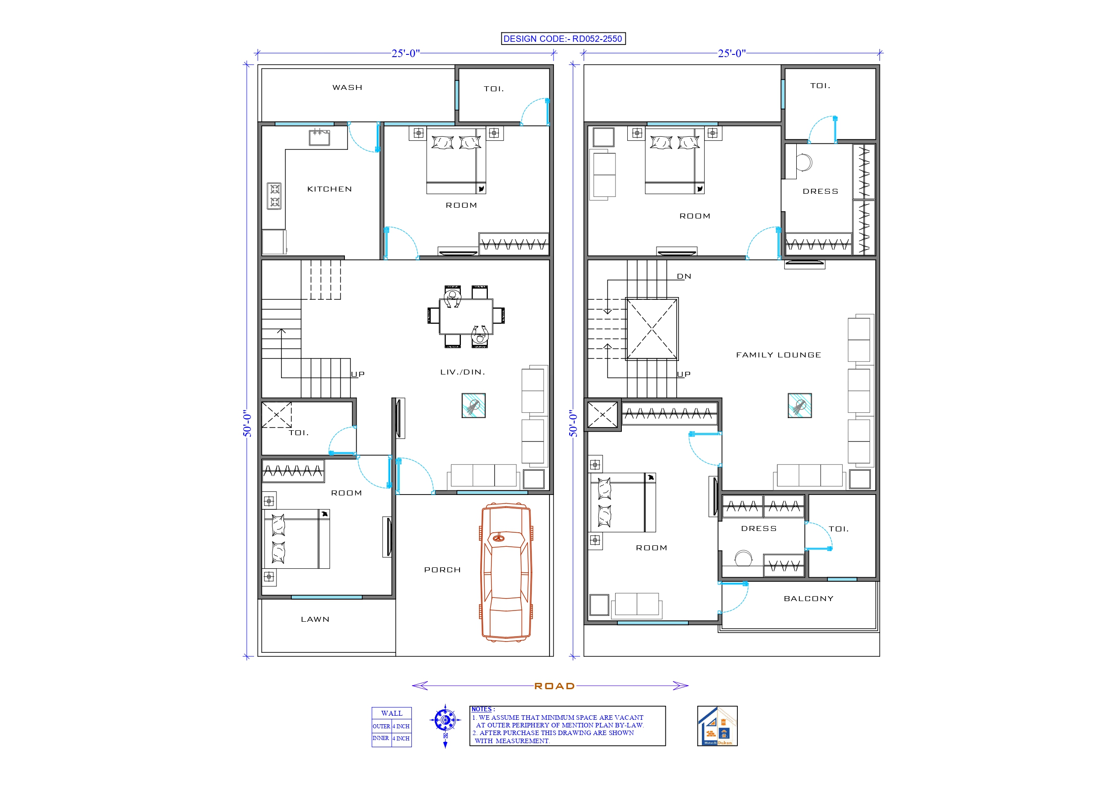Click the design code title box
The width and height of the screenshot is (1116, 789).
click(563, 39)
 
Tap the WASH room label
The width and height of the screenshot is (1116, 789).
click(347, 88)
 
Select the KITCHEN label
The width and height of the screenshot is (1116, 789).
click(329, 189)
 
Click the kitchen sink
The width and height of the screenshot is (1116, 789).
click(319, 138)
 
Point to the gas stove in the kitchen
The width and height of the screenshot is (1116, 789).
click(274, 196)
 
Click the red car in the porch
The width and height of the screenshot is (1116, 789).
click(506, 572)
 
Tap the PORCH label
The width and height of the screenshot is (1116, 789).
click(442, 570)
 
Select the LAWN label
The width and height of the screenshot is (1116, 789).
click(315, 620)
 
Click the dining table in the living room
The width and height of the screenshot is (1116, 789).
click(466, 316)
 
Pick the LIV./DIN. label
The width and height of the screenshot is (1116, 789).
click(462, 372)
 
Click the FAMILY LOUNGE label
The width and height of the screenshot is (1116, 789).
click(778, 355)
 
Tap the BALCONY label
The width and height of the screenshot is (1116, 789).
click(808, 599)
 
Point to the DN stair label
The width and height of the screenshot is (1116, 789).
click(684, 276)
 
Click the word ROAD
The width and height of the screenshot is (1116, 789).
click(554, 686)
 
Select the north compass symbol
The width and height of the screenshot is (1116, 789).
click(445, 720)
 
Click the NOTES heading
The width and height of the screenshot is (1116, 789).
click(481, 709)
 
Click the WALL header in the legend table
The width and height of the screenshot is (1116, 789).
click(391, 713)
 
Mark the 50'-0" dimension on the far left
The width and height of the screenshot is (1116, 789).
click(247, 423)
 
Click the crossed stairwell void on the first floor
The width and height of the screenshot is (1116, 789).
click(652, 329)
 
